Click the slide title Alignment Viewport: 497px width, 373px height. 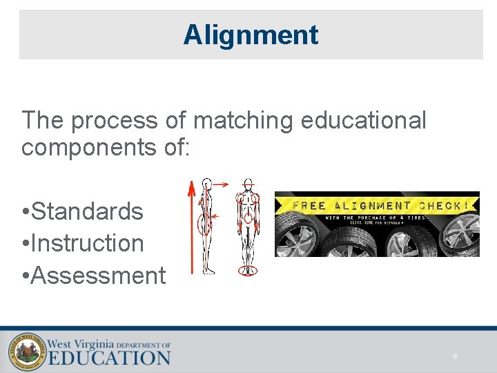click(251, 35)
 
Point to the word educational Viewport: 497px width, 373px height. click(363, 120)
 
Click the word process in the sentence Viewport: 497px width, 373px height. click(117, 120)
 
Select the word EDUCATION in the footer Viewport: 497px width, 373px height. click(108, 358)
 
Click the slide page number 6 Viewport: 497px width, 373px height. click(455, 356)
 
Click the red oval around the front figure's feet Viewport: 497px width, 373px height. click(248, 270)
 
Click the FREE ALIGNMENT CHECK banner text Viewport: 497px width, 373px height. click(381, 205)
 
